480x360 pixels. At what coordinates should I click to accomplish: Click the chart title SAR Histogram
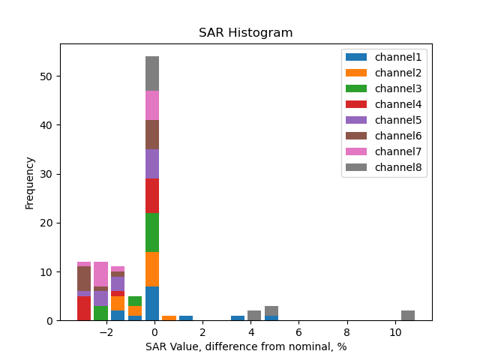point(245,33)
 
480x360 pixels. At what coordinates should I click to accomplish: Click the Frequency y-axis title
point(30,182)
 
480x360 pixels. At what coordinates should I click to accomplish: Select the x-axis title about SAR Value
point(245,346)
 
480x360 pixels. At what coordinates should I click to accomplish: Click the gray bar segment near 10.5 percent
point(408,315)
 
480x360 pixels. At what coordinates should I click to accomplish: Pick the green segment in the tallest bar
point(152,232)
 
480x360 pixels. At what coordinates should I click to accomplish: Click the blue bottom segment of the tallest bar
point(152,303)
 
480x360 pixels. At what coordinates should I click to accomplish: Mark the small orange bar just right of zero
point(169,318)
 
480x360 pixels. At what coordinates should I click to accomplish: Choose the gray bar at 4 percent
point(254,315)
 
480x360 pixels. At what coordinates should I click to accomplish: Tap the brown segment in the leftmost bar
point(84,278)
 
